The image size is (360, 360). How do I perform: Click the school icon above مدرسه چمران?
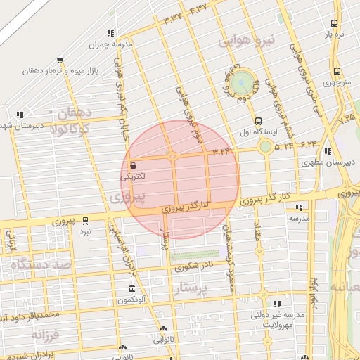[x=110, y=33]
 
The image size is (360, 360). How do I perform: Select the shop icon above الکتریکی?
[x=134, y=165]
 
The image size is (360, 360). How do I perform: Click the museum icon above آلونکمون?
[x=132, y=289]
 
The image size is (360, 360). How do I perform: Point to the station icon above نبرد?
[x=86, y=220]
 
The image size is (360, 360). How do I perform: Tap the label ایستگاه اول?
[x=277, y=131]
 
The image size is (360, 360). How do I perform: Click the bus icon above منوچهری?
[x=337, y=71]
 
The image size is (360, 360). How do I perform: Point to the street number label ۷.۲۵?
[x=347, y=120]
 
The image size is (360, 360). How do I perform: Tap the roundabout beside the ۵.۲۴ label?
[x=265, y=146]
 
